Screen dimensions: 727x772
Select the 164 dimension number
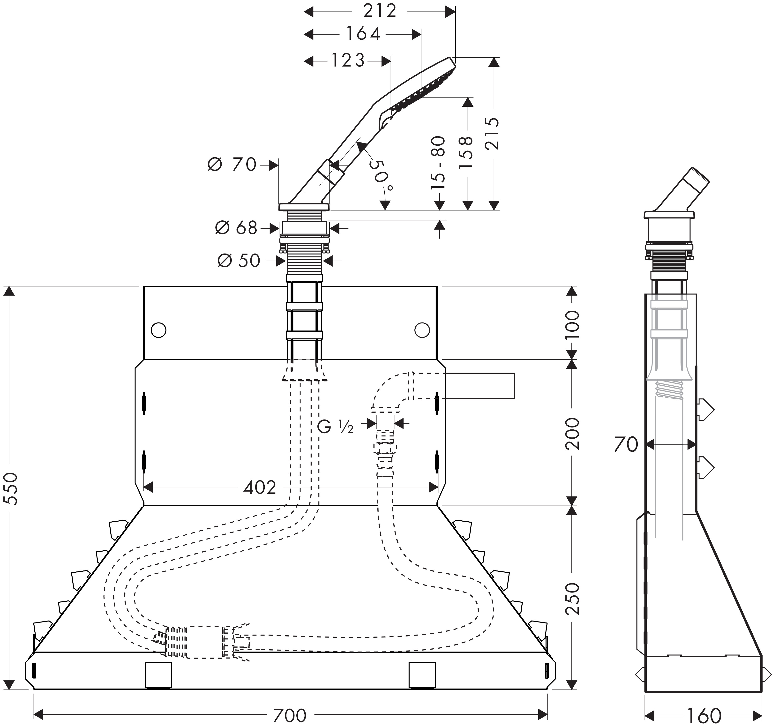pos(363,34)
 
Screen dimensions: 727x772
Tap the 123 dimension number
pos(348,60)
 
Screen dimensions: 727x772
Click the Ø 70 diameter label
pos(232,165)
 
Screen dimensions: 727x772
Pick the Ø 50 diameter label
pos(239,261)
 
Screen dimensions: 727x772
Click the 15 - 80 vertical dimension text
pos(438,163)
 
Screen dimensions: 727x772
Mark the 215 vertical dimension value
pos(492,133)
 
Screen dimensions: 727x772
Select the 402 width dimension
pos(259,487)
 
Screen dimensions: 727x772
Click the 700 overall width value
pos(290,715)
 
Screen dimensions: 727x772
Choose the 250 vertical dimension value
pos(572,599)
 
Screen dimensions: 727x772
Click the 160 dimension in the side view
pos(704,715)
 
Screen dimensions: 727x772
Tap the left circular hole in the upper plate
pos(158,330)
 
